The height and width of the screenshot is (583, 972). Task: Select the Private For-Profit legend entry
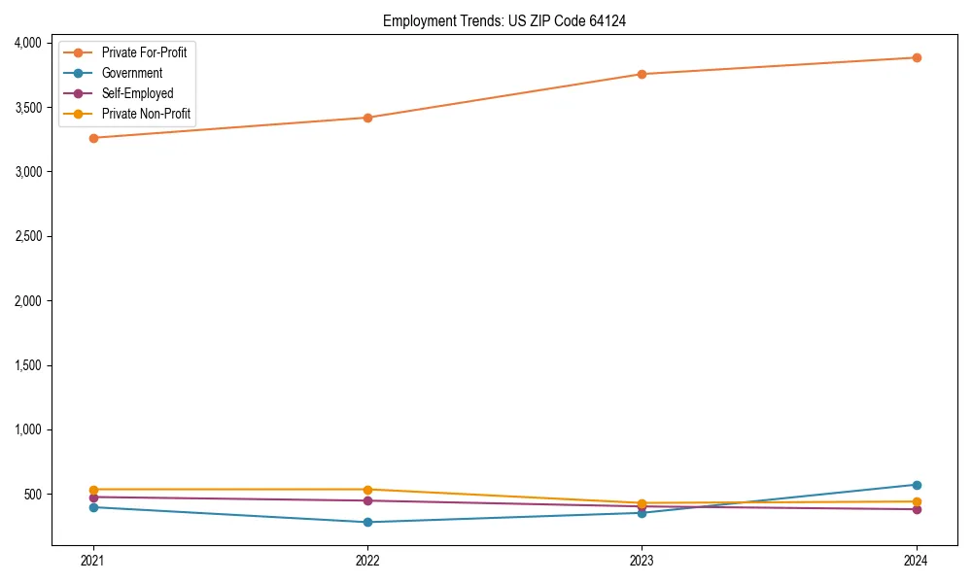tap(144, 52)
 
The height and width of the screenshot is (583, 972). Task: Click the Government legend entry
tap(131, 73)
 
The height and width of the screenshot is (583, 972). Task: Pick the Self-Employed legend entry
tap(137, 93)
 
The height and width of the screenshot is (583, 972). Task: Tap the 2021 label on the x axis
tap(93, 560)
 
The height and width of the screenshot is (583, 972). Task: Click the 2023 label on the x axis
tap(642, 560)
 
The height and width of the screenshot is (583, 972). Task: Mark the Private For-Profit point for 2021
tap(93, 138)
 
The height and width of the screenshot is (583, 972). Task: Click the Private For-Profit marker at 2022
tap(367, 118)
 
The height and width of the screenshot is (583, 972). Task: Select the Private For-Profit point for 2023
tap(642, 74)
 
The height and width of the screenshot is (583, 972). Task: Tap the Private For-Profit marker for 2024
tap(917, 57)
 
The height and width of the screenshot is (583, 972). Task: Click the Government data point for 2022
tap(367, 522)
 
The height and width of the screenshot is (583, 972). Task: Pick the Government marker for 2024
tap(917, 485)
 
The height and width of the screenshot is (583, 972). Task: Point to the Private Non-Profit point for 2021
tap(93, 490)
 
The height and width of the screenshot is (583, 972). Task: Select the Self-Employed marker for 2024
tap(917, 509)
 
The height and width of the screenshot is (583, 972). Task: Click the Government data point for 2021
tap(93, 507)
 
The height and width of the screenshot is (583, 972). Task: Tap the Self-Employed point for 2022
tap(367, 500)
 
